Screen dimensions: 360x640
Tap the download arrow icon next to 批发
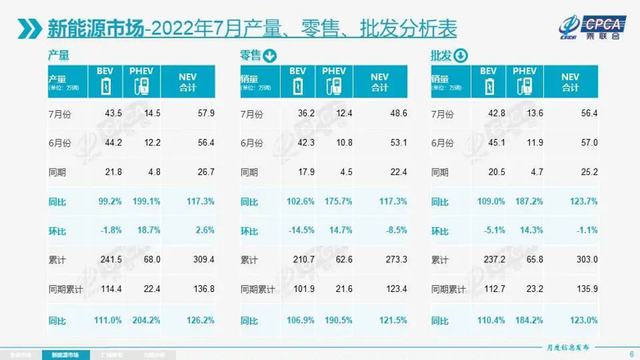[x=460, y=55]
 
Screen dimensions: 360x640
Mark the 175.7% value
[x=341, y=201]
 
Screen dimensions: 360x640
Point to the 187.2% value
[x=532, y=201]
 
